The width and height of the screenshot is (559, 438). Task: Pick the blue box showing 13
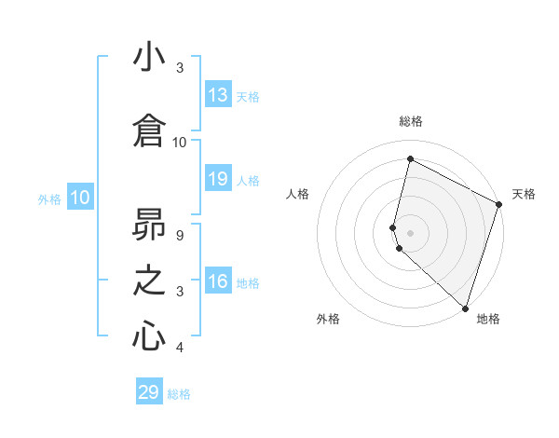point(218,95)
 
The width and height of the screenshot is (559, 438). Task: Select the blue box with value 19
point(218,179)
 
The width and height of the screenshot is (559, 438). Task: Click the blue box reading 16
point(218,282)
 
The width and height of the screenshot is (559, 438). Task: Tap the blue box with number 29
point(149,392)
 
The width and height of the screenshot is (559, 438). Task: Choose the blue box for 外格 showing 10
point(80,198)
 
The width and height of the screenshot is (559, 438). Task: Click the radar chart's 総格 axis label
point(411,121)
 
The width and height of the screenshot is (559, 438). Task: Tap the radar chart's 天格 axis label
point(524,194)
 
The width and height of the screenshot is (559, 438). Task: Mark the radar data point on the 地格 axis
point(465,308)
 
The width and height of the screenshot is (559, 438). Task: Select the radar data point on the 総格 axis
point(410,159)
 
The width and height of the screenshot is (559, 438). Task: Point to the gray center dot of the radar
point(411,232)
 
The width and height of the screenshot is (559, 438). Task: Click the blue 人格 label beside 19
point(248,180)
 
